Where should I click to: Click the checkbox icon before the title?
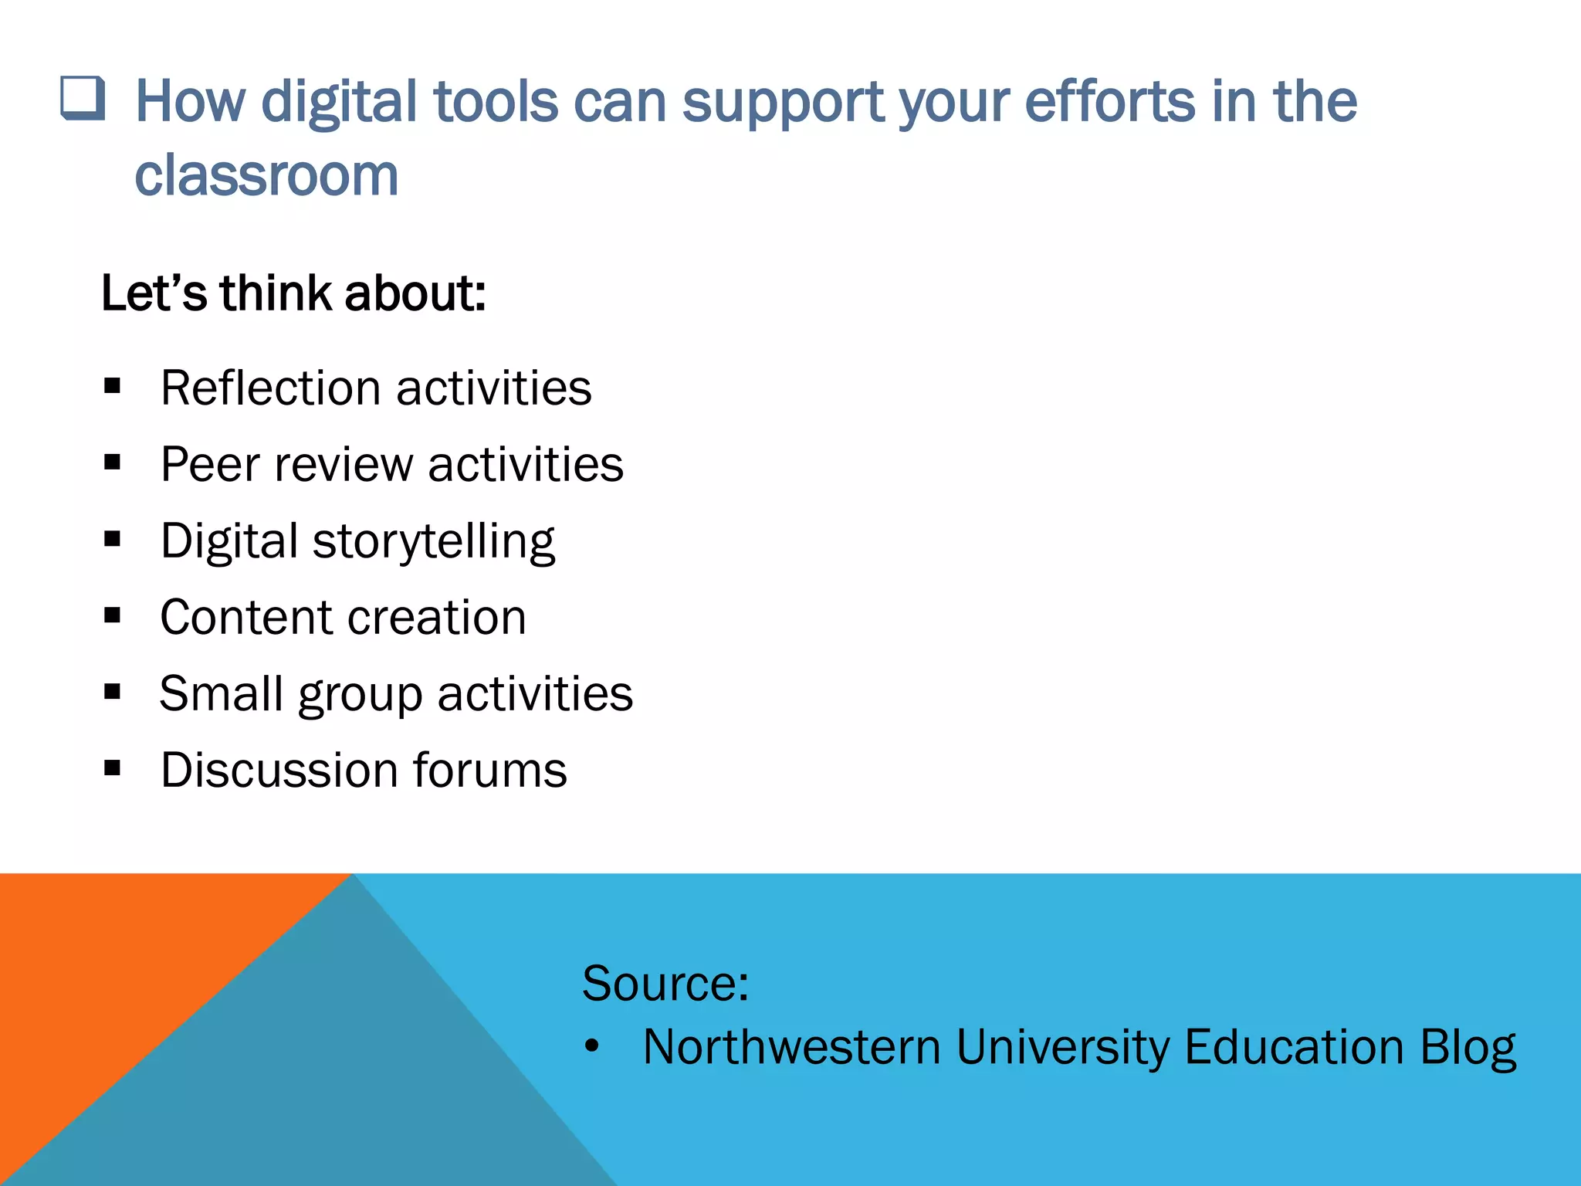point(83,99)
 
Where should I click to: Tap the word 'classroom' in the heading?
point(266,176)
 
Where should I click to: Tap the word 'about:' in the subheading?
point(415,294)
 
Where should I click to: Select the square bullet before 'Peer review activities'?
point(113,463)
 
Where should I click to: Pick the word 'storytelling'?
point(433,542)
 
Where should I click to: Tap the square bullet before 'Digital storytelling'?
point(113,539)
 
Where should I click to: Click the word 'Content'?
point(245,618)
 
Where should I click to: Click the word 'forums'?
point(489,771)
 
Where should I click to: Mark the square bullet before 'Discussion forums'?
point(113,768)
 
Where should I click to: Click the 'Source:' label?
point(665,984)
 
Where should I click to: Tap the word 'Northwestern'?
point(791,1048)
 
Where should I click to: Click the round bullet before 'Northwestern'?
point(592,1047)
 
